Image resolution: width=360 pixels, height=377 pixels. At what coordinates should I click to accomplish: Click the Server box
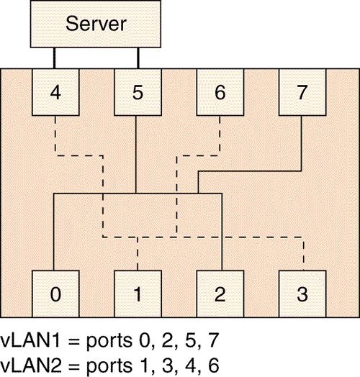[96, 24]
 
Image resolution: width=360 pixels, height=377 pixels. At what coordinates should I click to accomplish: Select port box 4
[55, 92]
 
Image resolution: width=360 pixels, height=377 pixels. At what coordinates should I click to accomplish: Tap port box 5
[138, 92]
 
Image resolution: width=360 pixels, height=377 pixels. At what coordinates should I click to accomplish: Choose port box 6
[220, 92]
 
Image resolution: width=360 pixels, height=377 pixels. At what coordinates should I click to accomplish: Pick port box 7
[302, 92]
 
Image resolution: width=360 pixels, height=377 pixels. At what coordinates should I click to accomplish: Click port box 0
[55, 294]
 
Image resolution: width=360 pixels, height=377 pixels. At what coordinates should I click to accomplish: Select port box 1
[138, 294]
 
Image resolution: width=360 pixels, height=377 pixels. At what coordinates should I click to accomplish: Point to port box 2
[220, 294]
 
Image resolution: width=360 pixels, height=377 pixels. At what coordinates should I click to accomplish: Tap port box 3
[302, 294]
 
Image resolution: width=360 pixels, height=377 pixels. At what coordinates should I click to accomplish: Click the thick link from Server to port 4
[55, 58]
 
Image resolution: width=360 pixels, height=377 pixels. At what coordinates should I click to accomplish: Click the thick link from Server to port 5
[138, 58]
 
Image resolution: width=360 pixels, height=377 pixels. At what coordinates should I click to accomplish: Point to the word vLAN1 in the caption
[30, 340]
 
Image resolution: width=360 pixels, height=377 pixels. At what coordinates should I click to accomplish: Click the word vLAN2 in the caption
[30, 365]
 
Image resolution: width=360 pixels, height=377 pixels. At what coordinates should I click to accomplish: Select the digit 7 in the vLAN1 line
[213, 340]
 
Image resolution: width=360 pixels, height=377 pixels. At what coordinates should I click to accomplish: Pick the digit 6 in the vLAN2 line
[213, 365]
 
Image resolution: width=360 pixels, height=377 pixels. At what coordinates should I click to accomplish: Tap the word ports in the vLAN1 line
[109, 342]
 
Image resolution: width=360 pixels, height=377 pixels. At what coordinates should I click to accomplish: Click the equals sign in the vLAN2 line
[73, 366]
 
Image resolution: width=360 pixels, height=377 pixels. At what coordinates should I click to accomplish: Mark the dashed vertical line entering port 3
[303, 254]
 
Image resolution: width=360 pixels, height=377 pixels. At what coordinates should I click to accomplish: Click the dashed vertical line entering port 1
[138, 254]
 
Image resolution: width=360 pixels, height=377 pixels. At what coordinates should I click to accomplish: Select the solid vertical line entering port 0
[54, 232]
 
